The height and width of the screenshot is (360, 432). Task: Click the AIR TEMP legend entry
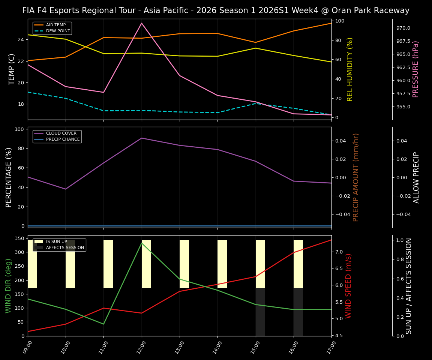tap(55, 25)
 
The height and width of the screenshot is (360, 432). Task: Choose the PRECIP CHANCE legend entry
tap(63, 139)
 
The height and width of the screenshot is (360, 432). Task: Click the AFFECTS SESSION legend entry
tap(64, 247)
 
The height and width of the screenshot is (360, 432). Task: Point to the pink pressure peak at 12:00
tap(142, 23)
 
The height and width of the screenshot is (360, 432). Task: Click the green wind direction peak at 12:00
tap(142, 243)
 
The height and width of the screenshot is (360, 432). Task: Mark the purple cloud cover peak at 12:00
tap(142, 138)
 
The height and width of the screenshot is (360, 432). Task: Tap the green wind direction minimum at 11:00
tap(103, 324)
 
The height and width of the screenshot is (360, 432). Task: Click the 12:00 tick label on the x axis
tap(139, 347)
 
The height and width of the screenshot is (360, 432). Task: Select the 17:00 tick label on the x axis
tap(329, 347)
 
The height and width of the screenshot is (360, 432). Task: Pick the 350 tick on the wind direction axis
tap(19, 238)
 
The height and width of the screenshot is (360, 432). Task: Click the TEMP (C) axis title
tap(12, 69)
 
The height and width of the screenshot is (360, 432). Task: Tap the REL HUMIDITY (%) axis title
tap(350, 69)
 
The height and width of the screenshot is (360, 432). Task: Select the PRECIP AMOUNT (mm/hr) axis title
tap(356, 177)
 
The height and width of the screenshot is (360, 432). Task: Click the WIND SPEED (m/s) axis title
tap(348, 286)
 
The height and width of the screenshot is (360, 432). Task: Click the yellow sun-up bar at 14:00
tap(222, 264)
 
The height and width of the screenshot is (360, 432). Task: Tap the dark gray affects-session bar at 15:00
tap(260, 312)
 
